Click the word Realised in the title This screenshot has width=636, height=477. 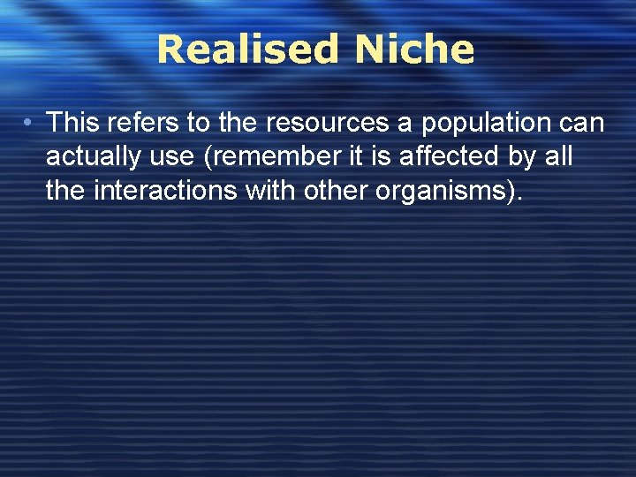(x=246, y=50)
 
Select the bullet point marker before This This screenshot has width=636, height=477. (x=30, y=122)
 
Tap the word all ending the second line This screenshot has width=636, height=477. (x=562, y=157)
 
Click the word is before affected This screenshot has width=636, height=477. (x=382, y=157)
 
